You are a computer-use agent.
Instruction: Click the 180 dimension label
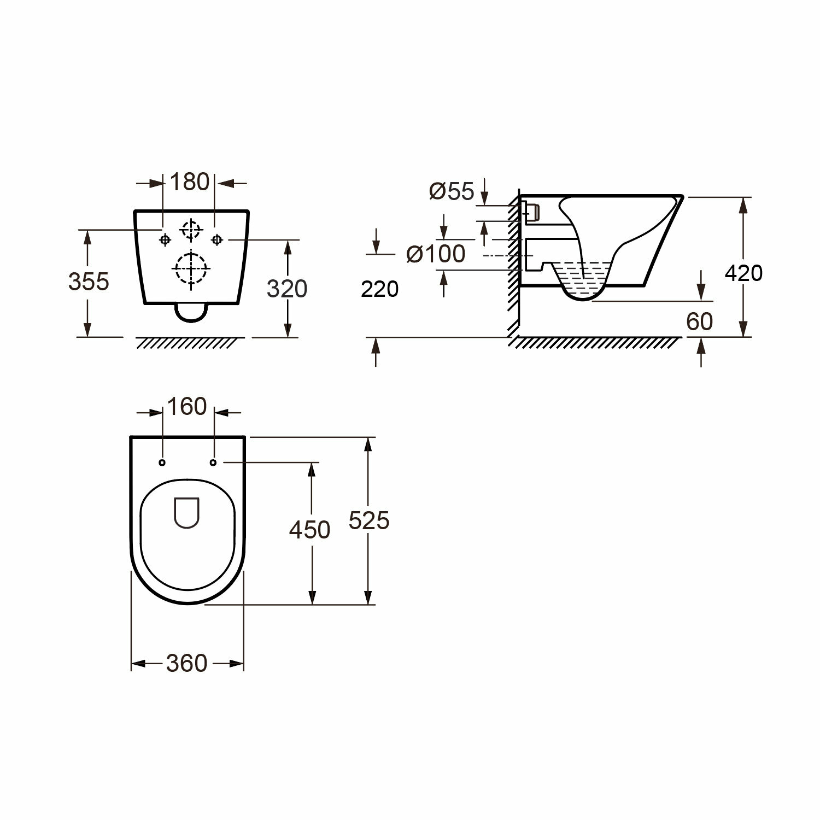click(x=190, y=182)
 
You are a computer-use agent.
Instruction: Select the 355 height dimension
click(x=89, y=282)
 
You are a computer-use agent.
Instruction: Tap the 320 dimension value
click(x=286, y=289)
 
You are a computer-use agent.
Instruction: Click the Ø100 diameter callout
click(x=436, y=254)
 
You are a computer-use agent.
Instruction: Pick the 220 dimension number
click(x=380, y=289)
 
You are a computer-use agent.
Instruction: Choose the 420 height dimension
click(x=743, y=273)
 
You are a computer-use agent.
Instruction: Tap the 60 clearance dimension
click(x=699, y=321)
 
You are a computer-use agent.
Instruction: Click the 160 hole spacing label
click(x=188, y=407)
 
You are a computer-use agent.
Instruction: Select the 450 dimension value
click(x=310, y=530)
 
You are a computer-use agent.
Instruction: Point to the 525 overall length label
click(x=369, y=520)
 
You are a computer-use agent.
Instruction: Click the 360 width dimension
click(x=187, y=663)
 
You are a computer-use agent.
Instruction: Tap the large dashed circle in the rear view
click(x=191, y=268)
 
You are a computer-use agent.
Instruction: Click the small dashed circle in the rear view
click(x=190, y=230)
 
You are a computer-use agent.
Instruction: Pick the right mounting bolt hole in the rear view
click(x=217, y=239)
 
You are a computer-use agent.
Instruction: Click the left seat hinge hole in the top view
click(x=162, y=463)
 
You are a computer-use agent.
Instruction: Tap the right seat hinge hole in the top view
click(x=213, y=463)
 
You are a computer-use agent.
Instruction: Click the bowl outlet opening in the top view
click(x=187, y=512)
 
